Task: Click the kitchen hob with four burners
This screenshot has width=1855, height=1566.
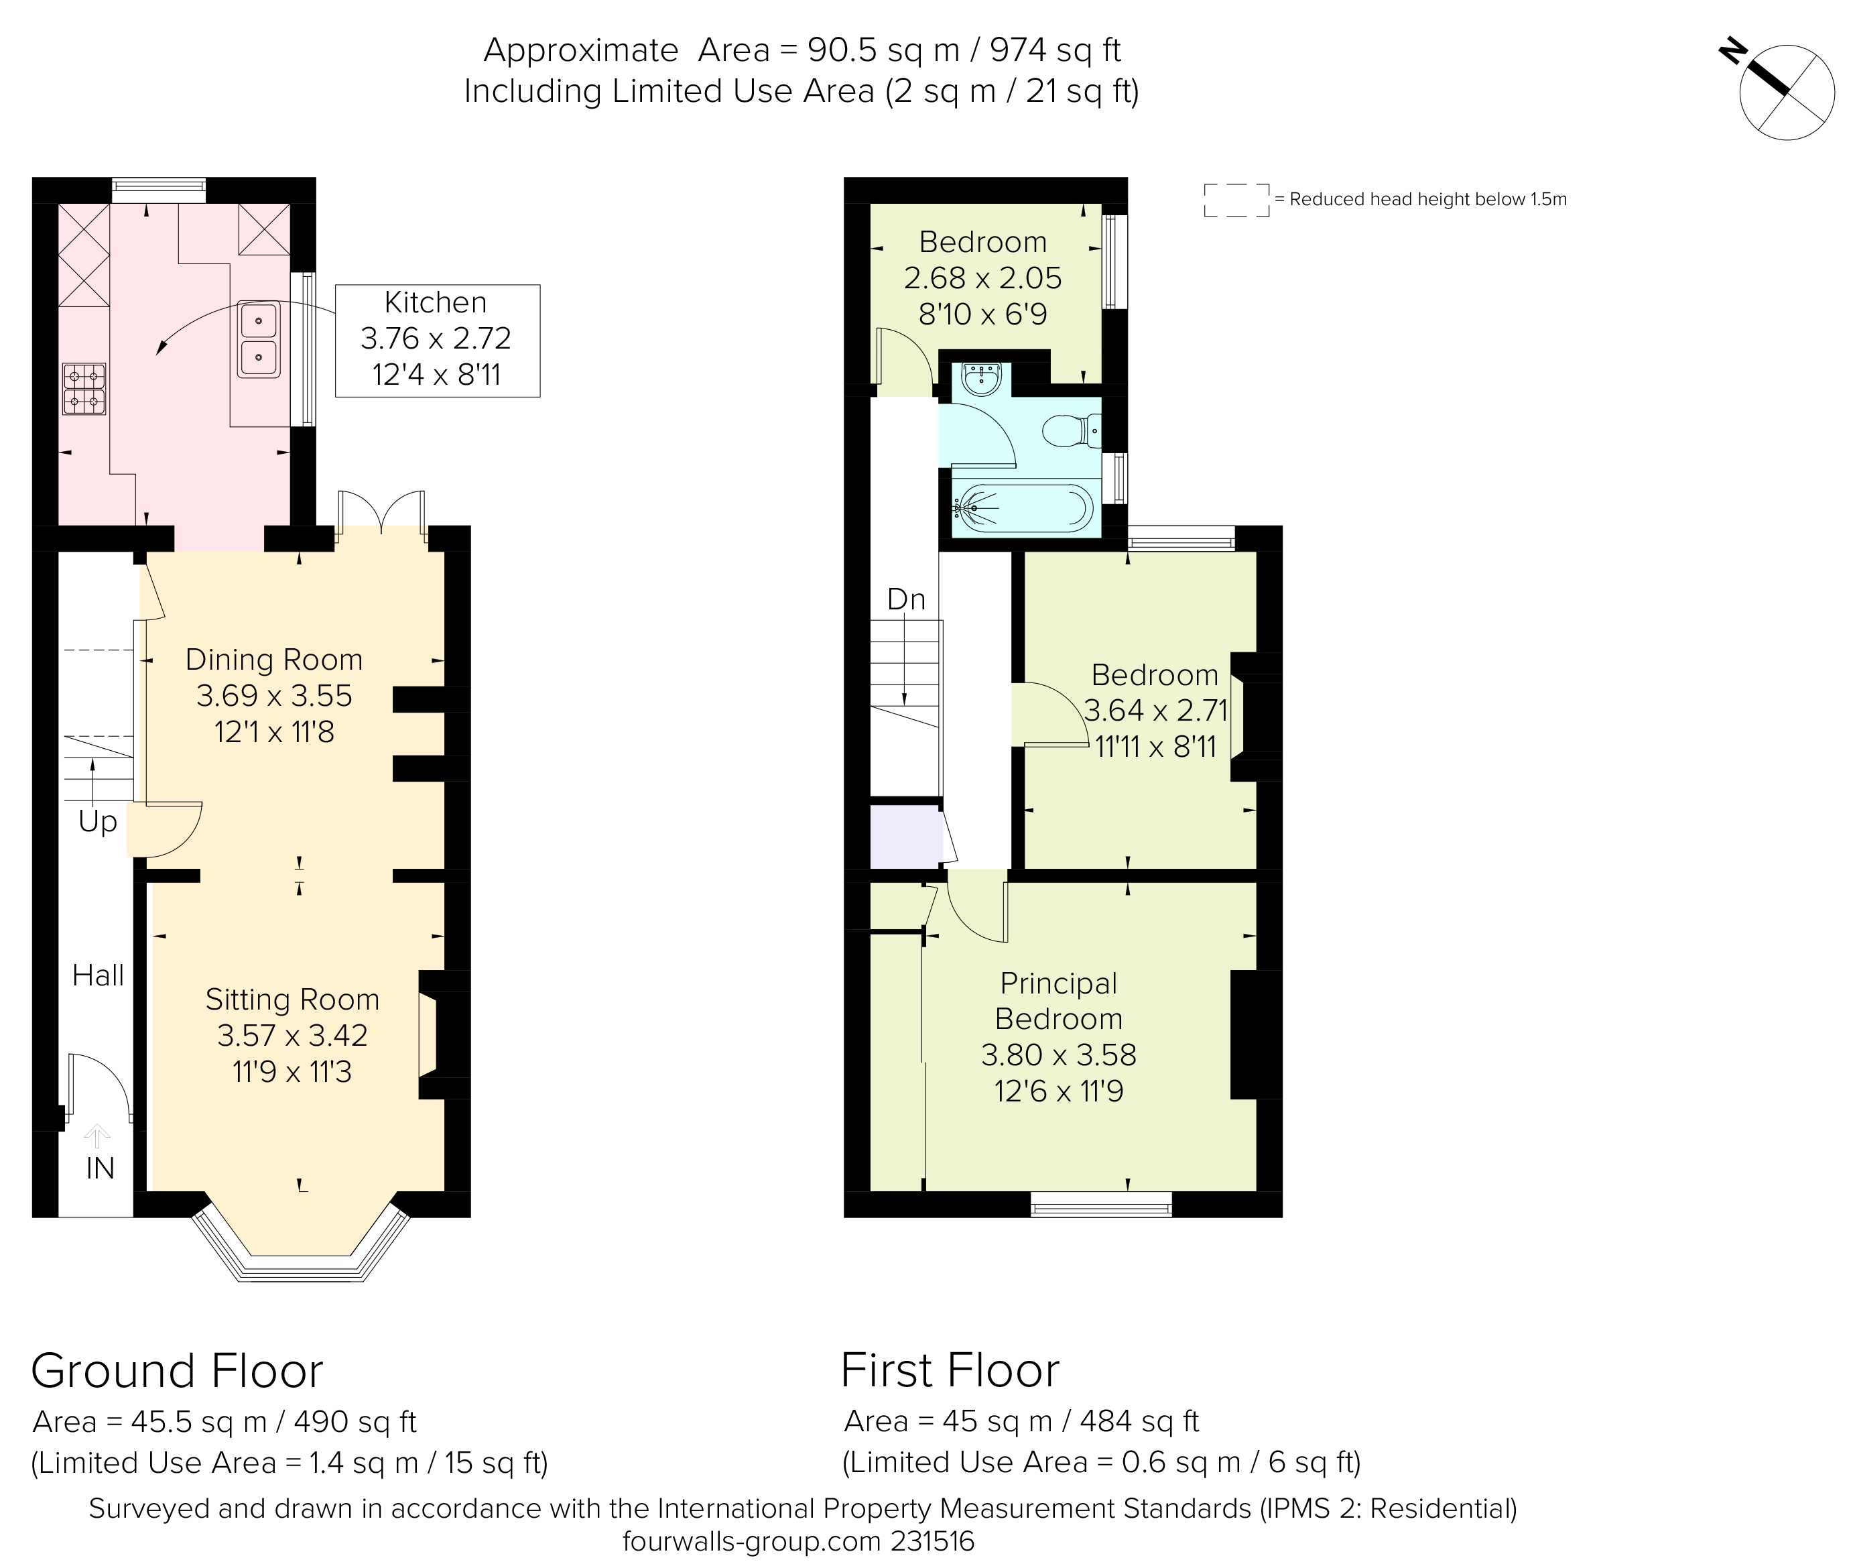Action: (x=84, y=389)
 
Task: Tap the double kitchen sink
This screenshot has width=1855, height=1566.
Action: (x=258, y=339)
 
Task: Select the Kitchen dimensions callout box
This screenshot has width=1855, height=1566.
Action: (x=437, y=340)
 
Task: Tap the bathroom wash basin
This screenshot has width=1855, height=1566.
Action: (x=982, y=379)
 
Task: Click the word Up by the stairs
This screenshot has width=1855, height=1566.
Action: (x=98, y=822)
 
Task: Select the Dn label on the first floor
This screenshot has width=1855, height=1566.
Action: (x=906, y=599)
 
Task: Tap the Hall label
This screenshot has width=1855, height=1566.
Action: (x=98, y=975)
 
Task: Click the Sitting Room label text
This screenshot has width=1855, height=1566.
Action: (x=292, y=1000)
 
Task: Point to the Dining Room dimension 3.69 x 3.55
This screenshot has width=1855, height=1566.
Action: (x=274, y=696)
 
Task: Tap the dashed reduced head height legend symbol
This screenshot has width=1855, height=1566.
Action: (x=1236, y=200)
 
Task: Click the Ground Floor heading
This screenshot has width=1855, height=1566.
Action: (x=178, y=1371)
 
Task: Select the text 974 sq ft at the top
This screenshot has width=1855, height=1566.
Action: (x=1056, y=50)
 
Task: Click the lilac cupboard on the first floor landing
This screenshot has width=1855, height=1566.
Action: (x=905, y=836)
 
